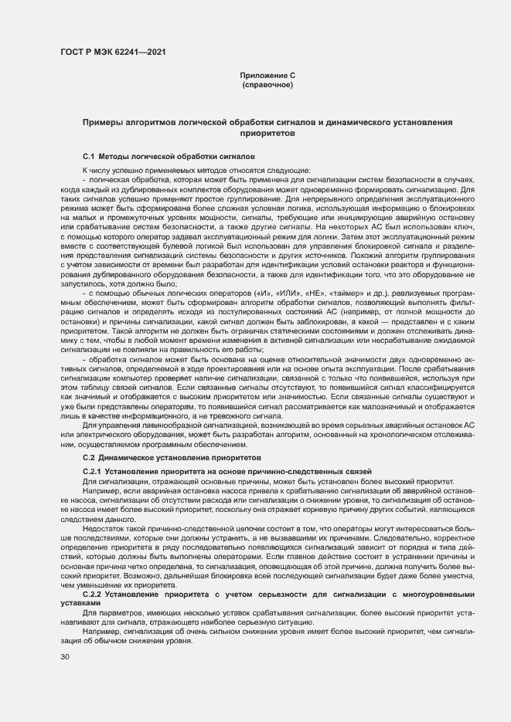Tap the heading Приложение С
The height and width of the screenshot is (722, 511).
coord(267,75)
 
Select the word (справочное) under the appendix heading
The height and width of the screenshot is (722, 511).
coord(267,84)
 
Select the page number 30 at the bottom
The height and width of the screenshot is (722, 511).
coord(65,656)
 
